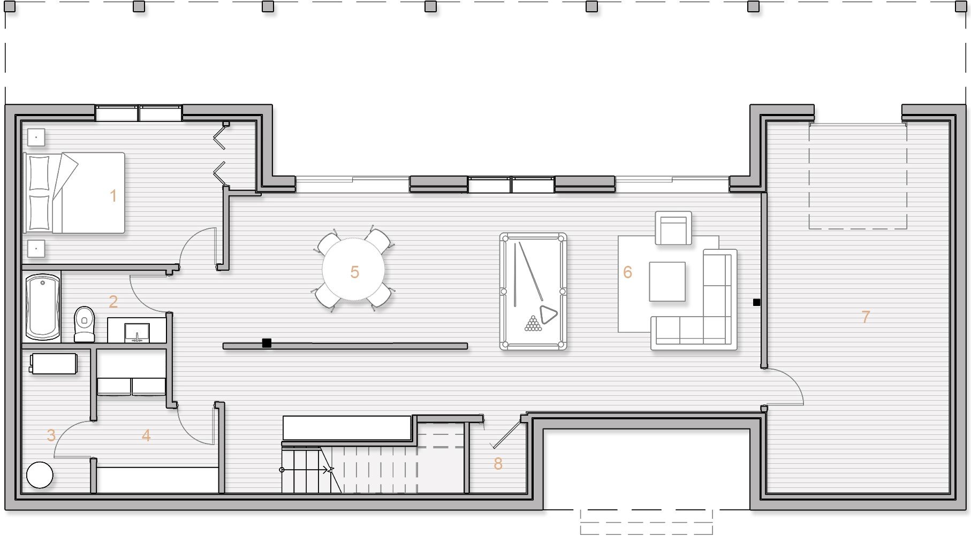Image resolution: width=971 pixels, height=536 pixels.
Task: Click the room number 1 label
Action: point(113,196)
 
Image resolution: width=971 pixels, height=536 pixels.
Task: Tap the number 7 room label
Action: point(866,317)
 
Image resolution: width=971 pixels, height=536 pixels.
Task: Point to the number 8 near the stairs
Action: point(498,463)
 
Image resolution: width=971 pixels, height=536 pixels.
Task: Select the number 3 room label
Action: point(51,435)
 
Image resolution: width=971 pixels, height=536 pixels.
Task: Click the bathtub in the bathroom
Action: point(42,307)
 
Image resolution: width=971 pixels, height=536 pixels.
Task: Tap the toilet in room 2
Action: point(84,324)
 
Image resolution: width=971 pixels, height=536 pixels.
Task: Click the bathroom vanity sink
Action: point(137,332)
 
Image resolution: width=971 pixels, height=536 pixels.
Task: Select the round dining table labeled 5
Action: point(353,269)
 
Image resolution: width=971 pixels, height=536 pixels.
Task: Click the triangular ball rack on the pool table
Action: point(548,315)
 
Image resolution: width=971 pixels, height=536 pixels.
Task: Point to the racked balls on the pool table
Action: point(533,324)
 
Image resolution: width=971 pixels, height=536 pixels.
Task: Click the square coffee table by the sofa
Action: point(667,281)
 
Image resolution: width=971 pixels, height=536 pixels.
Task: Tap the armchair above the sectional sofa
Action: point(673,228)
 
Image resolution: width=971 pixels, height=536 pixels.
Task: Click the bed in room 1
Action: point(74,193)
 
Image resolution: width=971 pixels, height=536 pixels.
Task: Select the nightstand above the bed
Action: point(36,137)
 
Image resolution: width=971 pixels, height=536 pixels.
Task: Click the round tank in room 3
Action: point(40,474)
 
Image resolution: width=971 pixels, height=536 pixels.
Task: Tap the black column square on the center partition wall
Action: point(267,343)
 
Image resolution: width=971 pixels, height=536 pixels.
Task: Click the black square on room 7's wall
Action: point(756,302)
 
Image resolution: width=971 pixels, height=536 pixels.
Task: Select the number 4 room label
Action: point(146,435)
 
